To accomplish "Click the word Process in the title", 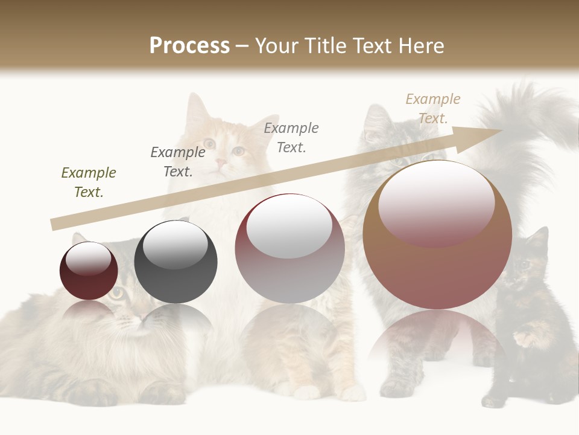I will (189, 45).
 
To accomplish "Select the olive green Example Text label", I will (89, 182).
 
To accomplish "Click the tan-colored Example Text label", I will (432, 108).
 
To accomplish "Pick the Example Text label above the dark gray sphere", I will (177, 162).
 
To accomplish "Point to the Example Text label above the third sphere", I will (291, 137).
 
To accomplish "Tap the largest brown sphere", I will (437, 266).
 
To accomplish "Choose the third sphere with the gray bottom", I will (289, 272).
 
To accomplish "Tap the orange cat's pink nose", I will (221, 163).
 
